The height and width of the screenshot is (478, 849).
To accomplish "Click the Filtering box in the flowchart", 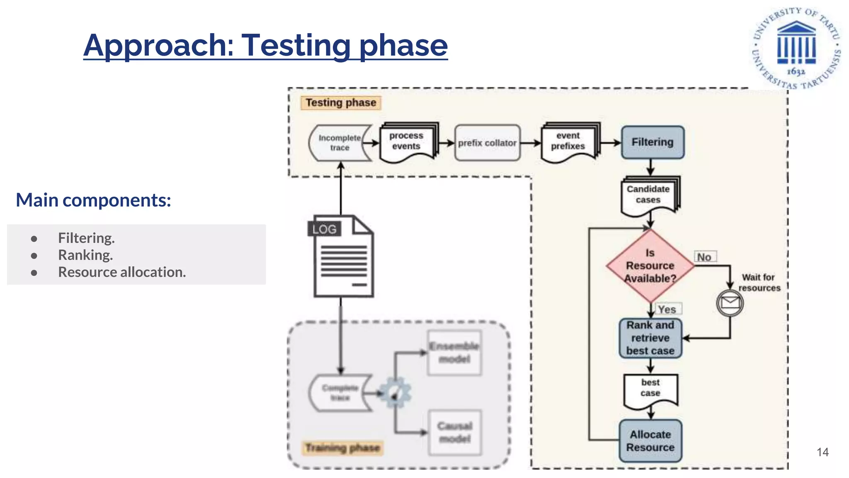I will click(652, 142).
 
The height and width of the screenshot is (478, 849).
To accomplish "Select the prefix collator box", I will click(487, 143).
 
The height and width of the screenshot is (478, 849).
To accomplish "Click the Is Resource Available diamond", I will click(650, 266).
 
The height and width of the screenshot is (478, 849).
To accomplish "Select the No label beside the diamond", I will click(705, 257).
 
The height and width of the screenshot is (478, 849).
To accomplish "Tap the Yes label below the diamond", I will click(667, 309).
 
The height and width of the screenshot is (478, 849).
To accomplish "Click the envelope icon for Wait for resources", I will click(730, 303).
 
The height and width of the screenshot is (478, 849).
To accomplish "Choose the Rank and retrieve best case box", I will click(650, 338).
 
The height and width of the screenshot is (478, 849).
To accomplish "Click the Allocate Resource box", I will click(650, 441).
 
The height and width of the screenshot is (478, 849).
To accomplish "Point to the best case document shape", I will click(650, 389).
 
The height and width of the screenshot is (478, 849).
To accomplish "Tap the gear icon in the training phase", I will click(395, 393).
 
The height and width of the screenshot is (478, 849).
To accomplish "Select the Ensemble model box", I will click(454, 353).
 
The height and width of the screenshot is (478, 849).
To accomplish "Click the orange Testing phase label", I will click(340, 102).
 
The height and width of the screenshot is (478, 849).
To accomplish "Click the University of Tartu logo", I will click(796, 48).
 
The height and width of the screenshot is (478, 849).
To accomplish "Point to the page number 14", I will click(822, 452).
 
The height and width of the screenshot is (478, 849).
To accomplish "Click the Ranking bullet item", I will click(85, 255).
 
